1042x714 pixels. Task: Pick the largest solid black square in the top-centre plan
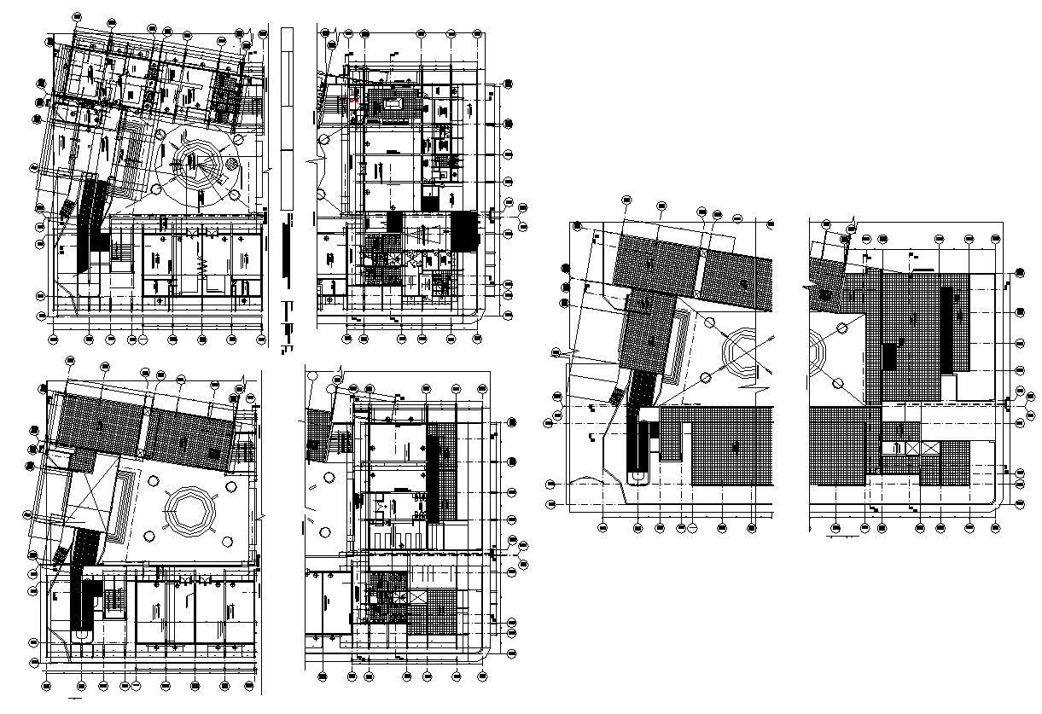(x=464, y=230)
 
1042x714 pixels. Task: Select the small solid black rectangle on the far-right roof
(x=889, y=355)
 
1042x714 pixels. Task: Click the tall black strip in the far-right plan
(x=946, y=329)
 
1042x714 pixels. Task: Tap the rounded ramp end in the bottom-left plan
(x=81, y=635)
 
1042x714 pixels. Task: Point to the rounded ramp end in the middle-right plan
(x=637, y=478)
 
